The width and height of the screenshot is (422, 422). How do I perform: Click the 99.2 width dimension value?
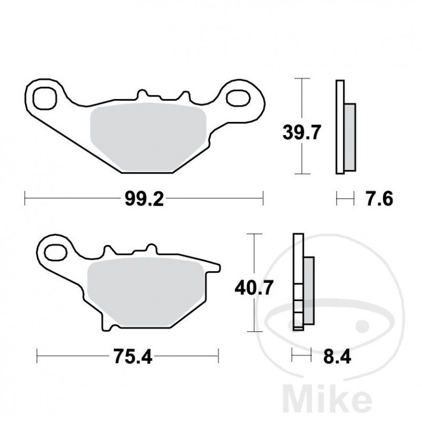tap(143, 199)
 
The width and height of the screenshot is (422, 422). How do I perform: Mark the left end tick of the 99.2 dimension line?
tap(25, 199)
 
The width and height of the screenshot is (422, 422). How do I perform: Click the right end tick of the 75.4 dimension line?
tap(219, 357)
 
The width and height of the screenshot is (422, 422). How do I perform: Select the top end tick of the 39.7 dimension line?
tap(301, 79)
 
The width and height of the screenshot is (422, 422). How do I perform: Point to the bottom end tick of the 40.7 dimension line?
tap(255, 331)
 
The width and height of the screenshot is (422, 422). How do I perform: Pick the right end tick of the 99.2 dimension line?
tap(263, 199)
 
